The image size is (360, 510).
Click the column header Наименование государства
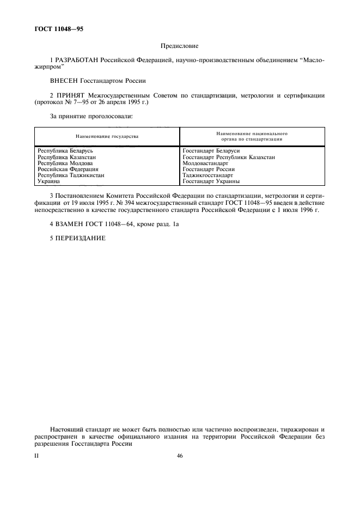(x=107, y=136)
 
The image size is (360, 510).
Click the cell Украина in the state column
(x=48, y=181)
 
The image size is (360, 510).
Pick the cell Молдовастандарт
(x=206, y=163)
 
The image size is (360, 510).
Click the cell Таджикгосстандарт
(x=208, y=175)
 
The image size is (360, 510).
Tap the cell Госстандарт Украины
(x=211, y=181)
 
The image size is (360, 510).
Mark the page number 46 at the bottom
(x=180, y=457)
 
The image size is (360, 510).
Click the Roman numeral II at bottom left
(x=37, y=457)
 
